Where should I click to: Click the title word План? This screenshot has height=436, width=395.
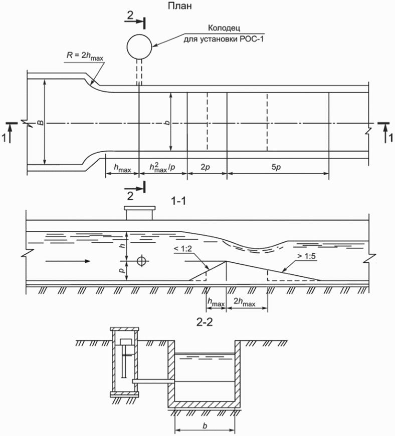click(x=179, y=6)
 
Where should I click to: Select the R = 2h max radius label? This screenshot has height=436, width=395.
click(x=85, y=56)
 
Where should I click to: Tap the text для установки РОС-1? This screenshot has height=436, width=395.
click(x=223, y=39)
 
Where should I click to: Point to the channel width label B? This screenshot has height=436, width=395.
click(x=41, y=122)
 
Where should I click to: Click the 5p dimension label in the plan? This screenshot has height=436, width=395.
click(x=276, y=167)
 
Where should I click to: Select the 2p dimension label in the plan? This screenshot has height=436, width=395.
click(x=205, y=167)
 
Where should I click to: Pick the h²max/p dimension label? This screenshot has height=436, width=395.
click(x=162, y=167)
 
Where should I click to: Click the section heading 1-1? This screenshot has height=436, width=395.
click(x=178, y=200)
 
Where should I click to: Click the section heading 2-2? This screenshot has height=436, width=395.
click(x=205, y=322)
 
